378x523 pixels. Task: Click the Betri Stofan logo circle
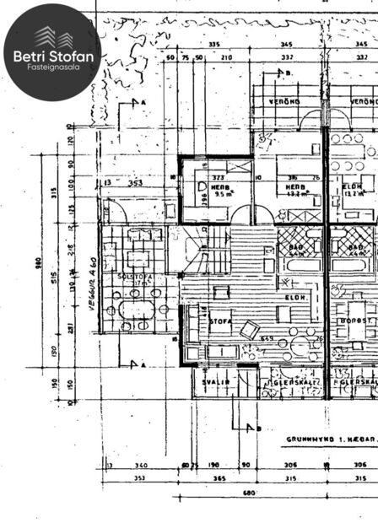51,51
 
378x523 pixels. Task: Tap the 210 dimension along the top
226,57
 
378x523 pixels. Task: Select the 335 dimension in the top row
213,44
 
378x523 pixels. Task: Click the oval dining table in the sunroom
136,309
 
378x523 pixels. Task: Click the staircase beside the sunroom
202,251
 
